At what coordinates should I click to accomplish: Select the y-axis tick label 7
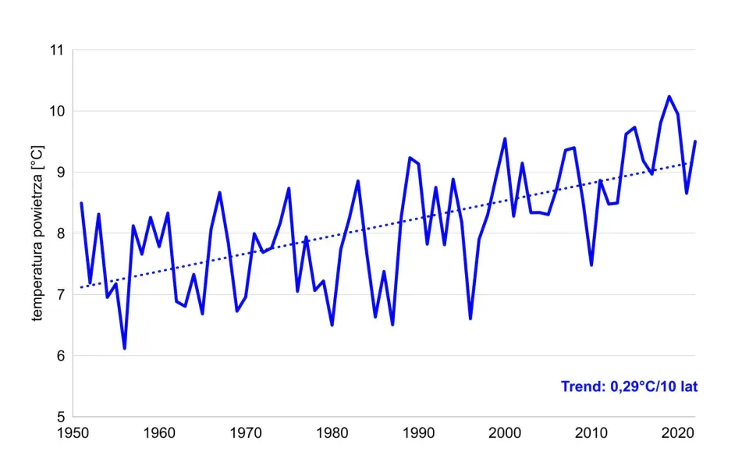pyautogui.click(x=59, y=294)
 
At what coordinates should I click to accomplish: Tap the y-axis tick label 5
pyautogui.click(x=59, y=416)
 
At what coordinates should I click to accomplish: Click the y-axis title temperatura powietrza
pyautogui.click(x=37, y=233)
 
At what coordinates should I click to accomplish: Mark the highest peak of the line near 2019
pyautogui.click(x=669, y=96)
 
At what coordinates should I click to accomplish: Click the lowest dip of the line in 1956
pyautogui.click(x=125, y=348)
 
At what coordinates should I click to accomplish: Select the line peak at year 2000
pyautogui.click(x=505, y=139)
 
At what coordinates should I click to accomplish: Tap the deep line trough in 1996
pyautogui.click(x=470, y=318)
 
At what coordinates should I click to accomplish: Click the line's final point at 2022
pyautogui.click(x=694, y=141)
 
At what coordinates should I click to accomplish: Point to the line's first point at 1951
pyautogui.click(x=81, y=203)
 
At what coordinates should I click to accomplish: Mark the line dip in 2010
pyautogui.click(x=591, y=265)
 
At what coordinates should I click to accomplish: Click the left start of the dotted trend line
pyautogui.click(x=81, y=287)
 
